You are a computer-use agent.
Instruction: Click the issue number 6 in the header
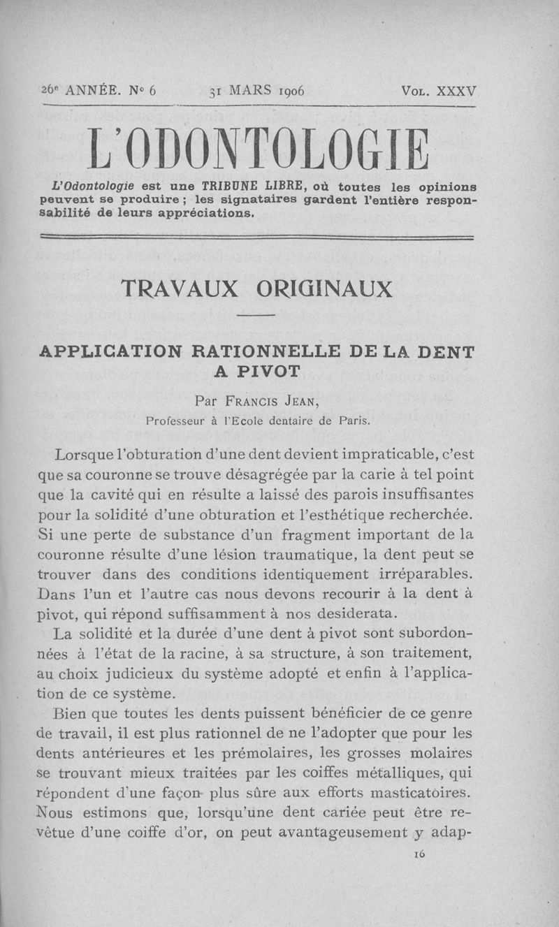pos(153,92)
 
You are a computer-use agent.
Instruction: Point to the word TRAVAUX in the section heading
pos(177,288)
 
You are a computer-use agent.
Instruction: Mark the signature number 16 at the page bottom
pos(420,854)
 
